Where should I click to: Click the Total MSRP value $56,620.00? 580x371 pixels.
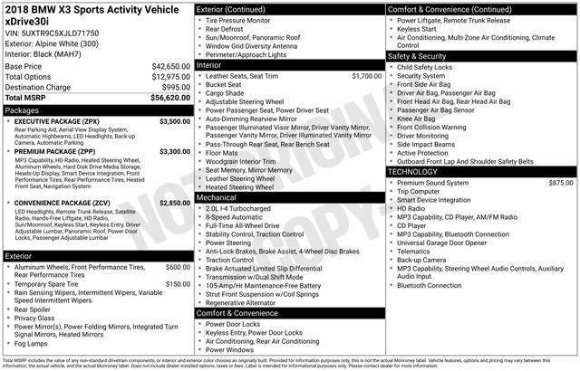pyautogui.click(x=170, y=97)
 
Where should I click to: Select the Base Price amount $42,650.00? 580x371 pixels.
pyautogui.click(x=170, y=67)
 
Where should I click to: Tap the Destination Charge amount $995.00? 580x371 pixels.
pyautogui.click(x=176, y=87)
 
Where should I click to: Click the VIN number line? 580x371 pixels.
pyautogui.click(x=52, y=32)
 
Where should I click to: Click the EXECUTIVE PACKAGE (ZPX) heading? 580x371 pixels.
pyautogui.click(x=56, y=120)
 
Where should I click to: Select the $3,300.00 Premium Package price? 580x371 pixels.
pyautogui.click(x=175, y=151)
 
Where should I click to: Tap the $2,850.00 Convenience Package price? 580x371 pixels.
pyautogui.click(x=175, y=203)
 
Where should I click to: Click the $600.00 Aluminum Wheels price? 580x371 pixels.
pyautogui.click(x=178, y=268)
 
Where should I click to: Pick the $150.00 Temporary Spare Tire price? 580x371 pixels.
pyautogui.click(x=178, y=284)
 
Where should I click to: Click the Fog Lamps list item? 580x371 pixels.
pyautogui.click(x=32, y=343)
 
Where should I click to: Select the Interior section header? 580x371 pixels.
pyautogui.click(x=209, y=65)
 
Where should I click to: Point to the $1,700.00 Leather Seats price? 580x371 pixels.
pyautogui.click(x=366, y=76)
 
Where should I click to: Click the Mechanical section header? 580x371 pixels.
pyautogui.click(x=217, y=196)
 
